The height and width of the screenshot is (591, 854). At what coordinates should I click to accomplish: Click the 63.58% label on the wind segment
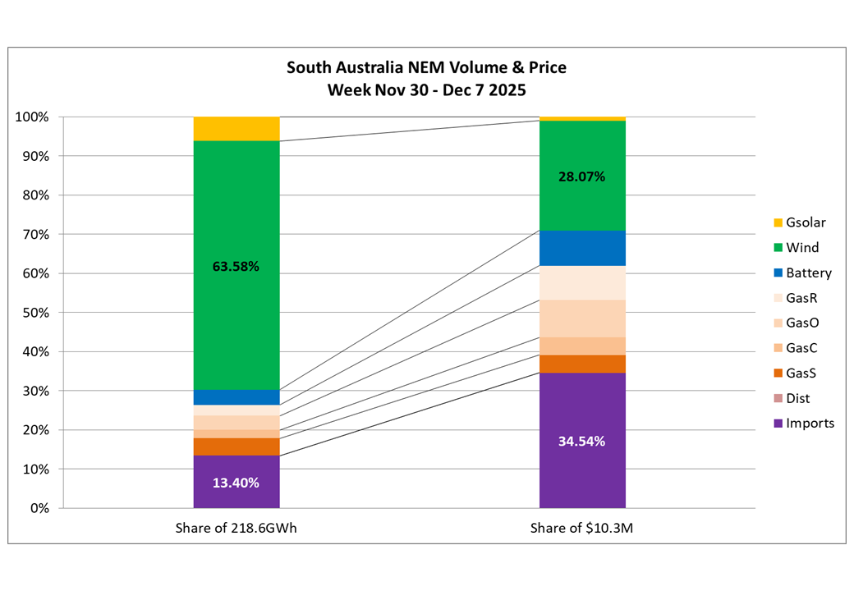236,267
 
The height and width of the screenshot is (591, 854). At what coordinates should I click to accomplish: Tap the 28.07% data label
582,176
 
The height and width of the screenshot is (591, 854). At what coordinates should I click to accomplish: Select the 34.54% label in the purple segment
582,442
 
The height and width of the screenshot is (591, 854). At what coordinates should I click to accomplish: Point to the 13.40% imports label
236,483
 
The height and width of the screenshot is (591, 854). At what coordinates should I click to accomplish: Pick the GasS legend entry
797,373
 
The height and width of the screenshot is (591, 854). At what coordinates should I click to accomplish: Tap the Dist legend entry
792,398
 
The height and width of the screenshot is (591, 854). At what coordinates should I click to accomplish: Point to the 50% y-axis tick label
35,313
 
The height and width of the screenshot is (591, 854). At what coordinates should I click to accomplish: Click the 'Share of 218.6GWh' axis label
236,528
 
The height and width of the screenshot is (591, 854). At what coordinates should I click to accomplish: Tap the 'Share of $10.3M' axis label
582,528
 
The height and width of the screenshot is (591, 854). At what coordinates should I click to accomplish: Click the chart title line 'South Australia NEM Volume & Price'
426,67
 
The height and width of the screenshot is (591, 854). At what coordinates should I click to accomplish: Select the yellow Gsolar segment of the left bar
236,129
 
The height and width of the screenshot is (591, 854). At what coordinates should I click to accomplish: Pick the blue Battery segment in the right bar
582,248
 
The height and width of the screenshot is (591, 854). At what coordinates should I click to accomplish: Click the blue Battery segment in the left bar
236,397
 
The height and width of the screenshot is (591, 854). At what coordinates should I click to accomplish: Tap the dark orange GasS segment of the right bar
582,364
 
